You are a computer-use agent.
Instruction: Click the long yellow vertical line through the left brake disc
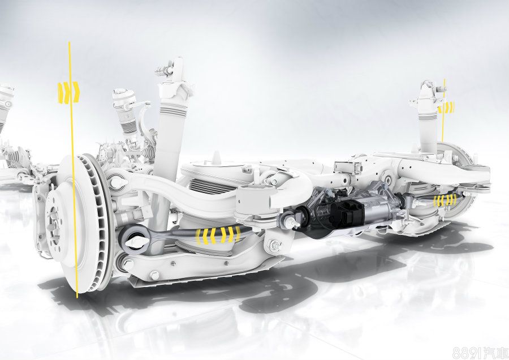(73, 169)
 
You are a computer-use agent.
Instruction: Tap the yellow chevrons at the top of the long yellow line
(68, 92)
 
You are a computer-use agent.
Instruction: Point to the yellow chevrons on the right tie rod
(445, 200)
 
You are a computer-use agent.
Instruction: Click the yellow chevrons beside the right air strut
(447, 107)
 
